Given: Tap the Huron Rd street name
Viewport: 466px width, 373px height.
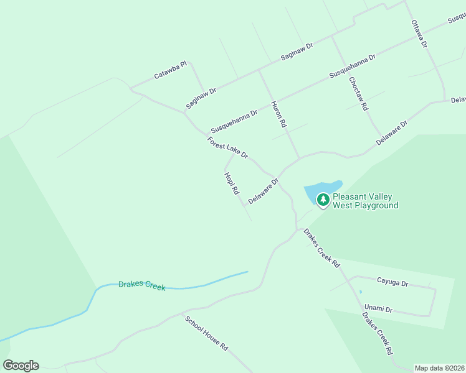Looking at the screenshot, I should coord(278,114).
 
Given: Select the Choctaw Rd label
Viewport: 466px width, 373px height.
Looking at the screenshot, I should coord(358,94).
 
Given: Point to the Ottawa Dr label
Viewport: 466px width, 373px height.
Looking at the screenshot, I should coord(419,35).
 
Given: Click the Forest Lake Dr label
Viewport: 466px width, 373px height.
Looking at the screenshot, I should coord(228,147).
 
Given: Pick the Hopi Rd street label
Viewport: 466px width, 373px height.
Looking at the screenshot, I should coord(231,183).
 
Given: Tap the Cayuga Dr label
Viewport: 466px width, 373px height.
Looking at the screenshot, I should coord(392,283).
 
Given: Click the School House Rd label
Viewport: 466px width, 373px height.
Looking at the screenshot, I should coord(206,333).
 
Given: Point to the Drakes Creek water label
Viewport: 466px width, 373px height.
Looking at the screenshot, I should coord(142,286).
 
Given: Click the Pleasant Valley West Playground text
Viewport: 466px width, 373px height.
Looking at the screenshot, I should coord(365,201).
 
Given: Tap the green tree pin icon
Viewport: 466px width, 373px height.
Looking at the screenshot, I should coord(323,200).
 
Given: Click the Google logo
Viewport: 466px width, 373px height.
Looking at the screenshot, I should coord(21,366).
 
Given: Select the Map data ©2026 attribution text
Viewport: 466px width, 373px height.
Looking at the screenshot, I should coord(439,368).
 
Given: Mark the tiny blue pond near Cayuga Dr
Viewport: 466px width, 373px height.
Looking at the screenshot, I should coord(360,292).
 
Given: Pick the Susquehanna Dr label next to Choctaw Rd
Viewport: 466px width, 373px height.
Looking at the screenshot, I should coord(352,65).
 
